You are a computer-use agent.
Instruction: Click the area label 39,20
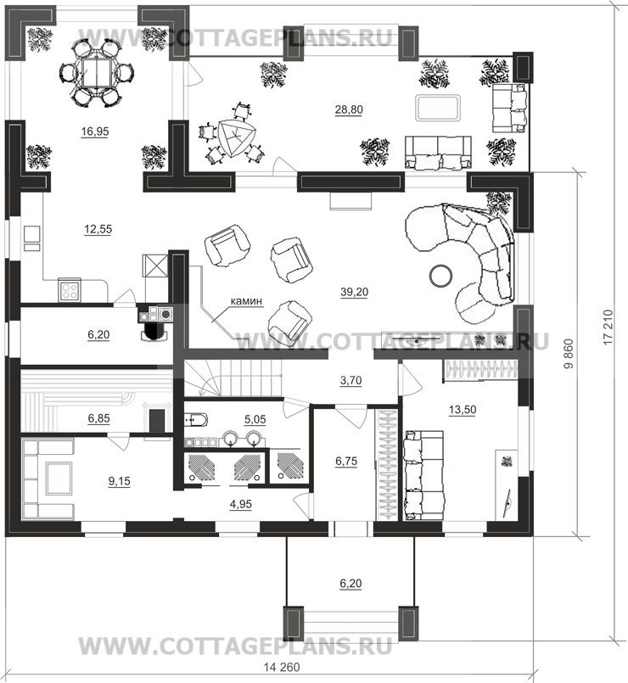coord(354,292)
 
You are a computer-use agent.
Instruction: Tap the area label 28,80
coord(349,109)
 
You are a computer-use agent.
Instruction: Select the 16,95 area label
coord(95,132)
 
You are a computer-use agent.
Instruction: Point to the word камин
coord(246,300)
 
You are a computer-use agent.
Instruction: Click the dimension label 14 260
coord(282,667)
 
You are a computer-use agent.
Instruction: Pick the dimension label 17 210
coord(608,327)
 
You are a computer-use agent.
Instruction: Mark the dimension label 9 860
coord(569,354)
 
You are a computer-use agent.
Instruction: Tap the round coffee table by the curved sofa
coord(441,275)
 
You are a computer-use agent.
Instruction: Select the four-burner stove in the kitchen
coord(70,290)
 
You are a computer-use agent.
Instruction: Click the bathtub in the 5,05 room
coord(196,420)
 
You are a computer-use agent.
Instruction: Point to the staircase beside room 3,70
coord(233,378)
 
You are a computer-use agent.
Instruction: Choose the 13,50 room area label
coord(462,410)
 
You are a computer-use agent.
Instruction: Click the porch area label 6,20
coord(350,583)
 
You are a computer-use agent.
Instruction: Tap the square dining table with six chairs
coord(96,72)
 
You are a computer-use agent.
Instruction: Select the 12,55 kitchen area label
coord(98,229)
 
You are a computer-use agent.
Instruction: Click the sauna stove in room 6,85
coord(156,421)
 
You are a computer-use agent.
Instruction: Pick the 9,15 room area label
coord(119,481)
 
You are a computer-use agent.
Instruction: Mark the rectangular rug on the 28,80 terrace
coord(438,108)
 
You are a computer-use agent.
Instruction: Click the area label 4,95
coord(240,504)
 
